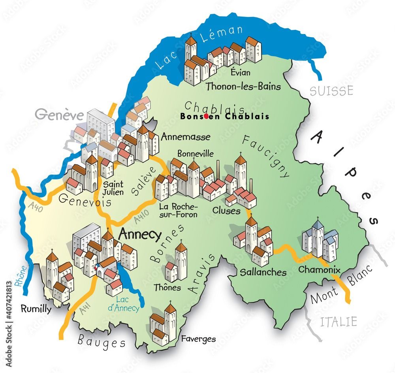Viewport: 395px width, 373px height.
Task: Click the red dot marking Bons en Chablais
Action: point(207,116)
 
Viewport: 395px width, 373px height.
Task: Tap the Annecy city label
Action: point(140,235)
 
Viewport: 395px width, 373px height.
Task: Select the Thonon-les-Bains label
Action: point(244,87)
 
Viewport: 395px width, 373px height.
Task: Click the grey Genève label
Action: point(59,115)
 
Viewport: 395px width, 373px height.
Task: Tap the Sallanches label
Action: point(263,272)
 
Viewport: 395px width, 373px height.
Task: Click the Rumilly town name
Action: point(36,309)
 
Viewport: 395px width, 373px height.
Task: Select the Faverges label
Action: point(198,339)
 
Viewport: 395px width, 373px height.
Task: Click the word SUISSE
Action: point(331,91)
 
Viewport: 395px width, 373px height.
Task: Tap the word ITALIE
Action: point(339,321)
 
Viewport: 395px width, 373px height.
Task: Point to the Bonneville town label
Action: point(195,153)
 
